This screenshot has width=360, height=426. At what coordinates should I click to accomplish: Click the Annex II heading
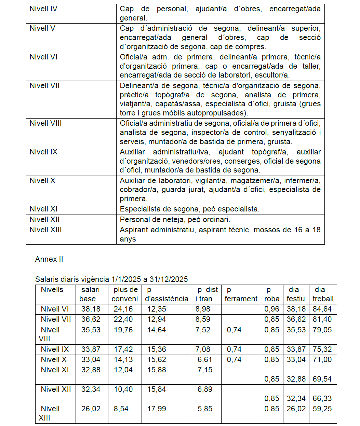pos(49,259)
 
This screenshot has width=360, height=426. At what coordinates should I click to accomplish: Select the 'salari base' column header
pos(90,294)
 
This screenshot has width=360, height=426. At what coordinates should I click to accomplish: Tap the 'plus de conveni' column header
pos(125,294)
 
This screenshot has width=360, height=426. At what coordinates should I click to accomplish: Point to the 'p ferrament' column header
pos(241,294)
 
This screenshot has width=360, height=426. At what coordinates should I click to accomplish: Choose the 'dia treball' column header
pos(323,294)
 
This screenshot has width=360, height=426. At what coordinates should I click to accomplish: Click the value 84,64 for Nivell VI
pos(322,309)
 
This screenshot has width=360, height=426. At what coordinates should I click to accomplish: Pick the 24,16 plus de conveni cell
pos(123,309)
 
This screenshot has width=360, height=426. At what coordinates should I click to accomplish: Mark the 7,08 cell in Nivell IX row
pos(203,349)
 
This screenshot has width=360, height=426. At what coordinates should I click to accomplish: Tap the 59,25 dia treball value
pos(322,409)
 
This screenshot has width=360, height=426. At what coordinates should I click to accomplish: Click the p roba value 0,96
pos(271,309)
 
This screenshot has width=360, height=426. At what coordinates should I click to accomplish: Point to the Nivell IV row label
pos(43,9)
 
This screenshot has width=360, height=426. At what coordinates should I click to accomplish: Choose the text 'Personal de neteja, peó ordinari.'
pos(175,220)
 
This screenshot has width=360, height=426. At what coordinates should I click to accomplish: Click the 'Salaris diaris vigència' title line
pos(111,279)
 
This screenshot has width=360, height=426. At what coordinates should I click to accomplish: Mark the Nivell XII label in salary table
pos(56,389)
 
